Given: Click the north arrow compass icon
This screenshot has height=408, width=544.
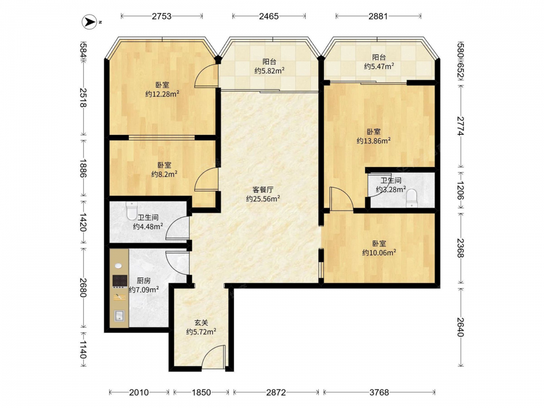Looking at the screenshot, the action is coord(89,22).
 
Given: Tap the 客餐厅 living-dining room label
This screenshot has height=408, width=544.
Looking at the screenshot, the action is coord(263,190).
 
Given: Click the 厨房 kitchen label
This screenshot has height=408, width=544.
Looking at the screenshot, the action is coord(144,280).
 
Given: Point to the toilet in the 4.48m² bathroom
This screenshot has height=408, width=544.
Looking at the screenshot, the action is coord(132,211).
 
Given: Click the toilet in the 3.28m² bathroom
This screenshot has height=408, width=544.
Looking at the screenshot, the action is coord(411,199).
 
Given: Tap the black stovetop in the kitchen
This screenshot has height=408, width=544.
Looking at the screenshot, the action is coord(120,281).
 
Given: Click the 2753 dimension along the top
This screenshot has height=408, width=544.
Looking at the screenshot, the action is coord(162,16).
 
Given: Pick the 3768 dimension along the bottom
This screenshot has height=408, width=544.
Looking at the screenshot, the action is coord(379,392).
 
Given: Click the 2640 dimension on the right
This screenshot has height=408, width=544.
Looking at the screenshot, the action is coord(460,327).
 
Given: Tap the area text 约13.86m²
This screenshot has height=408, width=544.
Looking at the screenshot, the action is coord(374,140).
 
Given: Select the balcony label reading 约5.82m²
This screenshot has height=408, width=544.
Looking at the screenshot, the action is coord(270,70).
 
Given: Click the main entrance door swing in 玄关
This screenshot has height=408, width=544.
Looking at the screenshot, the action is coord(213,357).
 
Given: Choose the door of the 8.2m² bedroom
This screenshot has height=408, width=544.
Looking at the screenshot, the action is coord(206,180).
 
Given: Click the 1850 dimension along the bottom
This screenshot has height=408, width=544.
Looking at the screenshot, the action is coord(201,392).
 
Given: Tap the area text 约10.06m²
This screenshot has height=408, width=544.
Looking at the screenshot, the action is coord(379,252).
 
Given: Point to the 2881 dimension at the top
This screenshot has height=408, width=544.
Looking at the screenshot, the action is coord(378,16).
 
